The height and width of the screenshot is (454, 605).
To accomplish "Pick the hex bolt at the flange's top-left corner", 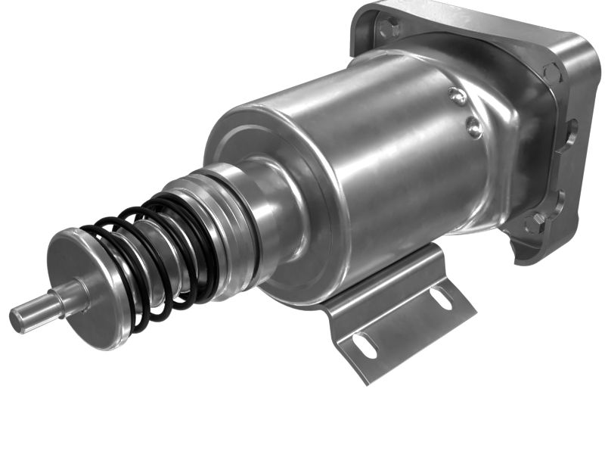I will point(389,29).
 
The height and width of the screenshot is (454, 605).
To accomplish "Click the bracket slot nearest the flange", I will point(440,298).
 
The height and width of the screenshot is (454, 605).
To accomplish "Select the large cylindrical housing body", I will point(393,151).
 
